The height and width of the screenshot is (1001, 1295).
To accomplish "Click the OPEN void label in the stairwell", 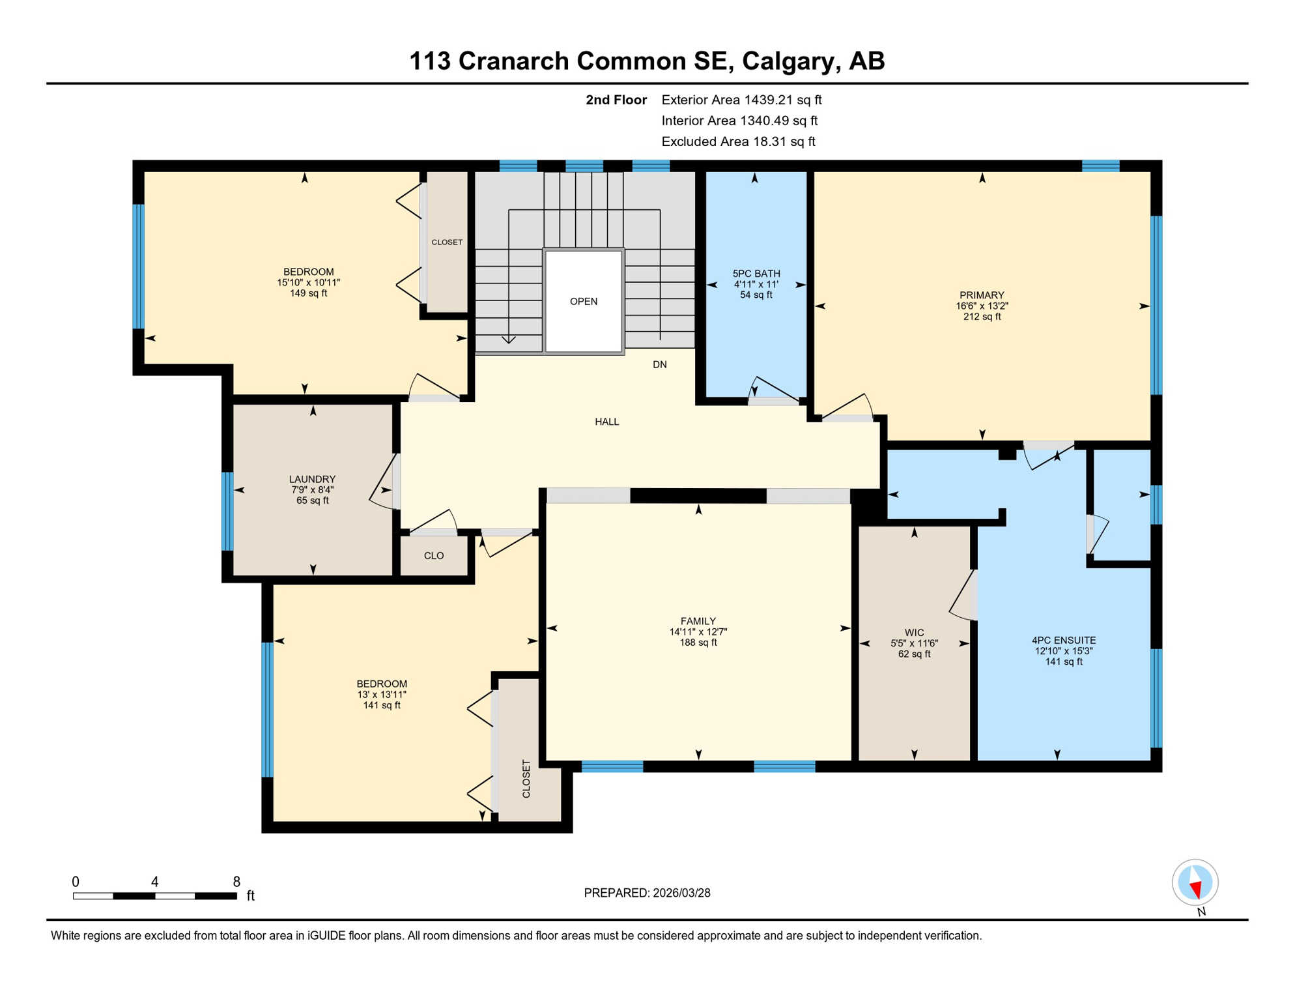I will tap(583, 301).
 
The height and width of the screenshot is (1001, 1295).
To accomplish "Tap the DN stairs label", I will tap(659, 364).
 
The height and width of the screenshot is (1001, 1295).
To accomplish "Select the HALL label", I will tap(606, 422).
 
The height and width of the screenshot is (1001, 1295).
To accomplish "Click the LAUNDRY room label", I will tap(312, 479).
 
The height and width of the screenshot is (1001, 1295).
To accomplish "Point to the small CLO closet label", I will tap(433, 556).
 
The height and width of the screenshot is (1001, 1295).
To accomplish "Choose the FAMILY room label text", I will tap(698, 621).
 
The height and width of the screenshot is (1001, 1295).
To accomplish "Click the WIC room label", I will tap(914, 632).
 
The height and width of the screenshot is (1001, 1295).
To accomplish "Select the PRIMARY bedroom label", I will tap(981, 295).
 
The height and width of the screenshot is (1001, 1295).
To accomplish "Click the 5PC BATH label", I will tap(756, 274).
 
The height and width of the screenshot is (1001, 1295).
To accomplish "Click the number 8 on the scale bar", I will tap(236, 882).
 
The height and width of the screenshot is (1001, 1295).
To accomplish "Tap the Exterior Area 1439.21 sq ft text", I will tap(741, 100).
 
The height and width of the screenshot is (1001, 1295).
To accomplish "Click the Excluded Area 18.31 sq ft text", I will tap(737, 141).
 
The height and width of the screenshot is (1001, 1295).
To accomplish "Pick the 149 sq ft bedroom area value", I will tap(308, 293).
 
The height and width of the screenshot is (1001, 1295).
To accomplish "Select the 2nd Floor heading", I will tap(616, 100).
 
